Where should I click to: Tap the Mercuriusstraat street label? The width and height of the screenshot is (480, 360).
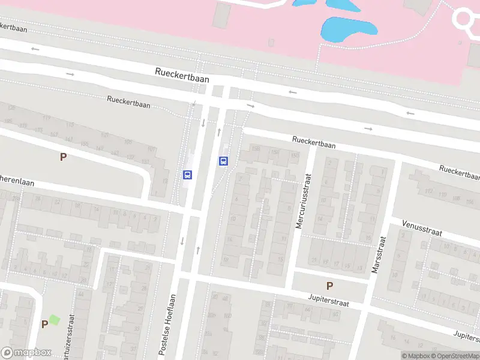click(304, 202)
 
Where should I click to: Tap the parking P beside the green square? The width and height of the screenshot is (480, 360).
click(44, 324)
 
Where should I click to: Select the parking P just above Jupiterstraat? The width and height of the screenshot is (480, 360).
click(329, 286)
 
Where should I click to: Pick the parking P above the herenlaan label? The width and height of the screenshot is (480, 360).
click(62, 157)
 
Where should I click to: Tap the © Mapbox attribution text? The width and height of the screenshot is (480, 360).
click(415, 356)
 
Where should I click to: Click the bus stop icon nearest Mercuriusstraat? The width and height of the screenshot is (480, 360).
click(224, 161)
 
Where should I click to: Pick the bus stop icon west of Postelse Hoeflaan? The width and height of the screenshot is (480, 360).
click(187, 175)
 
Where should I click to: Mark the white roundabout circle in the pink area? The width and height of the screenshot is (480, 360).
click(467, 19)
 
